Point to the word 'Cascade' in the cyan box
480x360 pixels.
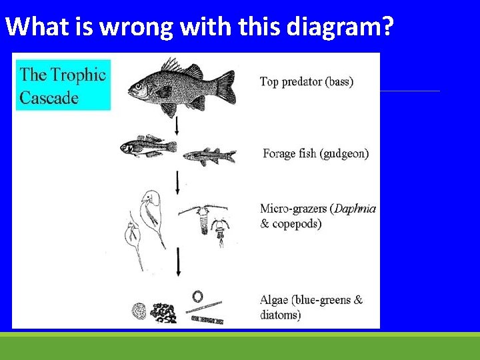49,98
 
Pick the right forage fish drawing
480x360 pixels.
209,155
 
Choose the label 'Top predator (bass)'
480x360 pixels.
306,82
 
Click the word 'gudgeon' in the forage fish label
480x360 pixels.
345,153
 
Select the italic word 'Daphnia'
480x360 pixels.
355,209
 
